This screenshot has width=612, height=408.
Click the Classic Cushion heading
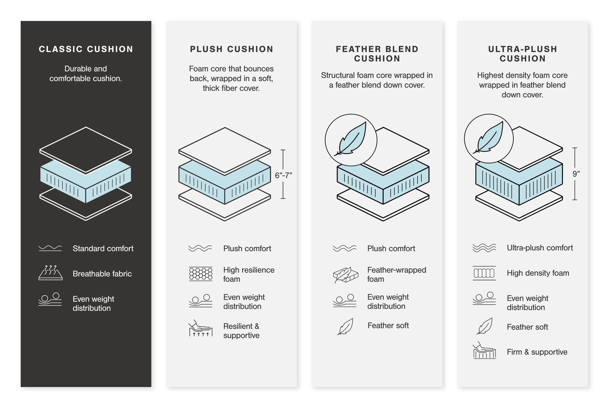pyautogui.click(x=86, y=49)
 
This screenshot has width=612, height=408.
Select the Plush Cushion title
pyautogui.click(x=231, y=49)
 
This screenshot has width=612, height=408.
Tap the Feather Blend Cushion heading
pyautogui.click(x=377, y=54)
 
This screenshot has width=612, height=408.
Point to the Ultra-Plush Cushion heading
pyautogui.click(x=522, y=54)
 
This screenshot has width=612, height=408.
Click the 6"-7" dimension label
pyautogui.click(x=283, y=175)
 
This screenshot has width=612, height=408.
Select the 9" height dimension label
pyautogui.click(x=576, y=174)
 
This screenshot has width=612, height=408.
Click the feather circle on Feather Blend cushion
pyautogui.click(x=351, y=140)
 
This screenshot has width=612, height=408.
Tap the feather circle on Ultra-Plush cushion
pyautogui.click(x=489, y=138)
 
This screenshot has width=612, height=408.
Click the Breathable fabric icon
pyautogui.click(x=50, y=273)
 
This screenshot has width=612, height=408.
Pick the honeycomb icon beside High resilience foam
pyautogui.click(x=200, y=274)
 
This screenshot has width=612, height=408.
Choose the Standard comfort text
pyautogui.click(x=103, y=248)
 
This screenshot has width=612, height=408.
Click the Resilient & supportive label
pyautogui.click(x=241, y=331)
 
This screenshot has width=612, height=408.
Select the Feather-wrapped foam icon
pyautogui.click(x=346, y=275)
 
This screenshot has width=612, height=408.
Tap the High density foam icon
pyautogui.click(x=484, y=273)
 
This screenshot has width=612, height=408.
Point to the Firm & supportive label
pyautogui.click(x=537, y=352)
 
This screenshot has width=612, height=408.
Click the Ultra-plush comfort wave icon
pyautogui.click(x=484, y=248)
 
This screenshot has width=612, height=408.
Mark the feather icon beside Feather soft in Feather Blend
pyautogui.click(x=346, y=326)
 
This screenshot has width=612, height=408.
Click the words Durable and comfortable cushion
pyautogui.click(x=86, y=73)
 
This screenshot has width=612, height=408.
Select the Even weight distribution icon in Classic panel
pyautogui.click(x=50, y=299)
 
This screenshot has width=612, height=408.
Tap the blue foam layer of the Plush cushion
pyautogui.click(x=224, y=182)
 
